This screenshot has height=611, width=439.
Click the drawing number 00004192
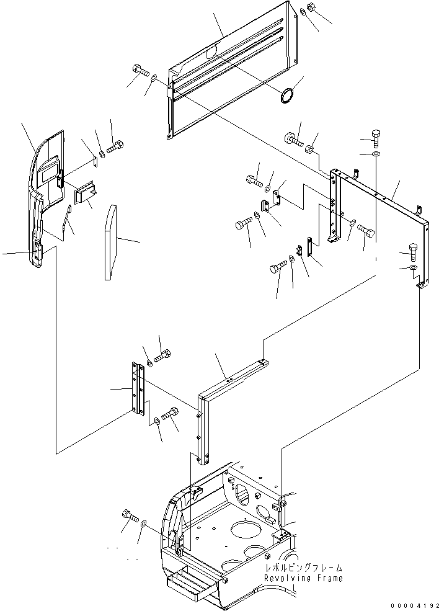[415, 606]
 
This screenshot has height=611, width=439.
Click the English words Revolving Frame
[303, 578]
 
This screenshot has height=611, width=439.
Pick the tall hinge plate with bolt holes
[138, 388]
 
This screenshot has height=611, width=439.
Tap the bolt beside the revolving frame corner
[130, 515]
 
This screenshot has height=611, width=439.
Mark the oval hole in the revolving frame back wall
[243, 493]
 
